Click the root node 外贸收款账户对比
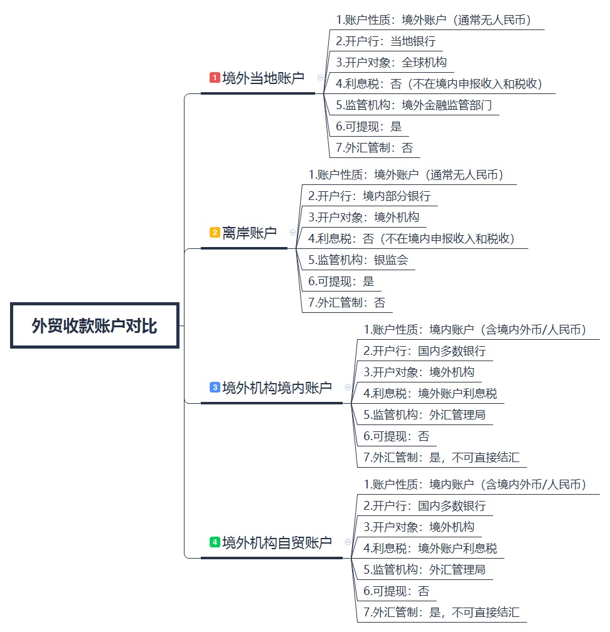[95, 325]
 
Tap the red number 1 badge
[215, 77]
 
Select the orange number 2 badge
[215, 233]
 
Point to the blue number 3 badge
[215, 387]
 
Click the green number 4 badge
[215, 542]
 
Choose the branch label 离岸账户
[249, 233]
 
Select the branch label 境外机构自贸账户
[277, 542]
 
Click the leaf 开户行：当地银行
[386, 41]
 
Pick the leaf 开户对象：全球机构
[392, 63]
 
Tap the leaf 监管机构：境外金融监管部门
[414, 105]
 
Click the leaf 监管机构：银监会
[358, 260]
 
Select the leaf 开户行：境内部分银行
[370, 196]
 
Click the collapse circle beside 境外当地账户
[320, 77]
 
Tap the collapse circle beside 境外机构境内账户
[348, 387]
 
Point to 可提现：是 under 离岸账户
[341, 282]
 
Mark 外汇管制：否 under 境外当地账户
[375, 148]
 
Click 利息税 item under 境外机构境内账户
[430, 393]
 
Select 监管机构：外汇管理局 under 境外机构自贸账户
[424, 569]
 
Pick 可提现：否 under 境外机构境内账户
[396, 436]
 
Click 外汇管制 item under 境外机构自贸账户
[441, 612]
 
